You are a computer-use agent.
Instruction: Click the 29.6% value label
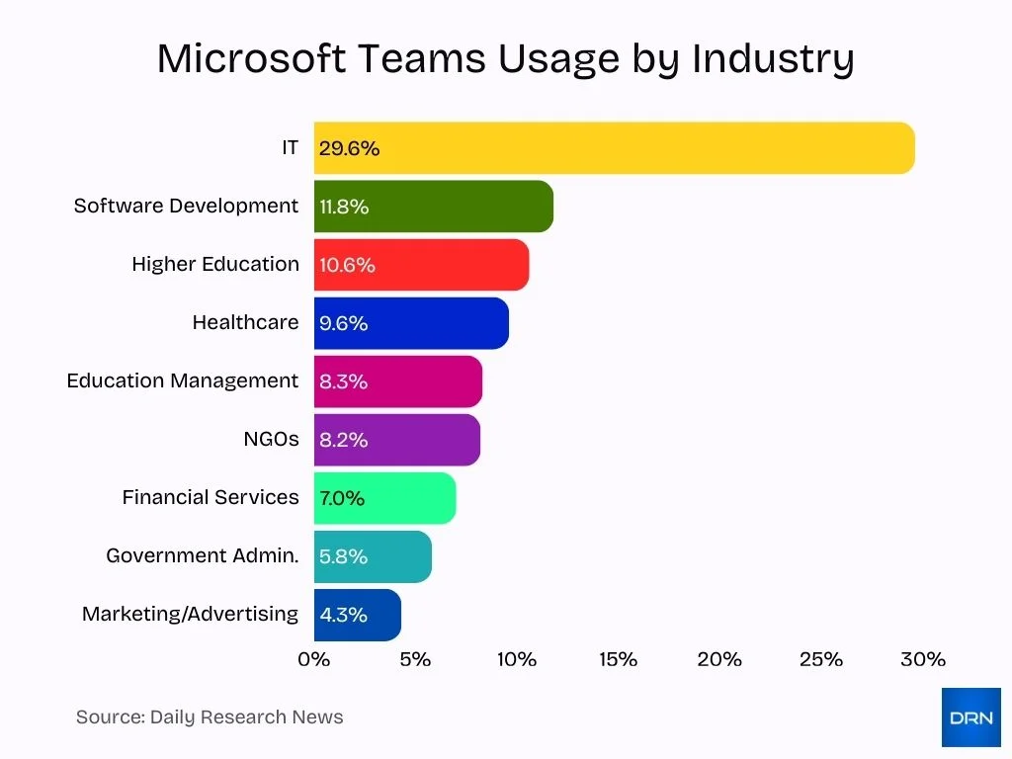click(349, 148)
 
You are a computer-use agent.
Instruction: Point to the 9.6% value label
click(343, 323)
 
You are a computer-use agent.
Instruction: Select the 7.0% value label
click(342, 498)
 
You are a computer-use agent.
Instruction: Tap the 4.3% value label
click(343, 615)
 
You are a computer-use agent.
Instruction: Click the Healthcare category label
click(245, 322)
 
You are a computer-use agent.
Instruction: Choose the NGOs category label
click(271, 439)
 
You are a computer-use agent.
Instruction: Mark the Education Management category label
click(182, 380)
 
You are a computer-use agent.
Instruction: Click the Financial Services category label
click(210, 497)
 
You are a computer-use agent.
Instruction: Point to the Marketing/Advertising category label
click(190, 614)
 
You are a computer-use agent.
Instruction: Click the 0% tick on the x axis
click(314, 659)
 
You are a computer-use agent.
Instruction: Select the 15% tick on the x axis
click(618, 659)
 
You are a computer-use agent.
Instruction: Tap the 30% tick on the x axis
click(922, 659)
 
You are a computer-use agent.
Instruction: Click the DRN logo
click(970, 717)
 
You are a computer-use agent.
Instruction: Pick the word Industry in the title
click(772, 58)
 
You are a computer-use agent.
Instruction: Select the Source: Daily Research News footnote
click(210, 717)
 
